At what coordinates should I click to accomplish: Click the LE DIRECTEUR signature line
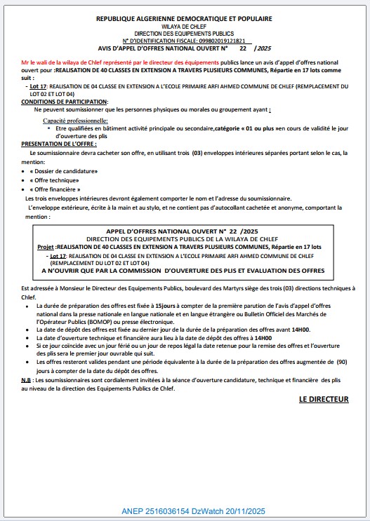click(x=323, y=399)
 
